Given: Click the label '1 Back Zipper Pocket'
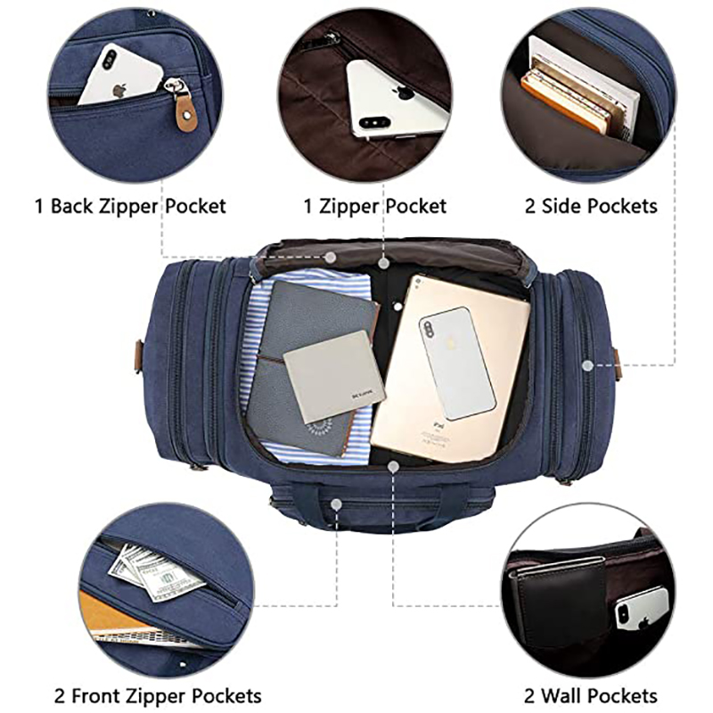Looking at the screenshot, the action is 130,206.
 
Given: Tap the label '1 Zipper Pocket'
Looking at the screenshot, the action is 375,206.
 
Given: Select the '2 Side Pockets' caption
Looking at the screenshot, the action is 591,206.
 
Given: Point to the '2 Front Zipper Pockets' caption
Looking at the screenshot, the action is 158,696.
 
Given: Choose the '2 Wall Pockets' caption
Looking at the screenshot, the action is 591,696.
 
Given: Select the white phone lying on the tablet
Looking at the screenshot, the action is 456,363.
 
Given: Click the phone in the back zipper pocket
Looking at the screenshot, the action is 120,74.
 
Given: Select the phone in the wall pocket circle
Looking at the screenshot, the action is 642,607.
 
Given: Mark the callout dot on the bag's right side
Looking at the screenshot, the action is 588,365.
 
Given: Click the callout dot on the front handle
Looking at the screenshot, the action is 337,504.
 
